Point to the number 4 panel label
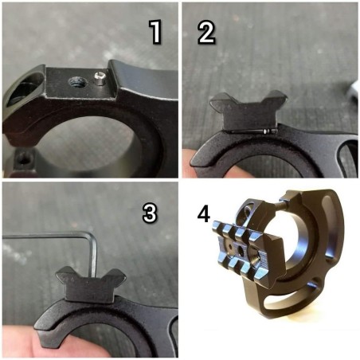click(x=204, y=213)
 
